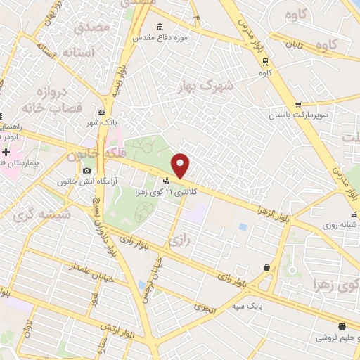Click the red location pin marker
[181, 164]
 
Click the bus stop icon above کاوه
[265, 61]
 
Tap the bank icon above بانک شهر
[103, 112]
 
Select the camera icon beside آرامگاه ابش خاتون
[86, 171]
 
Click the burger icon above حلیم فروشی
[342, 326]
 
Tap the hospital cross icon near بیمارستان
[6, 153]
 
